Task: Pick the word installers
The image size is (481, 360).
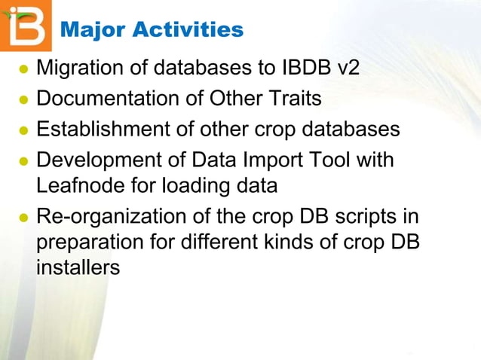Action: pyautogui.click(x=78, y=267)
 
